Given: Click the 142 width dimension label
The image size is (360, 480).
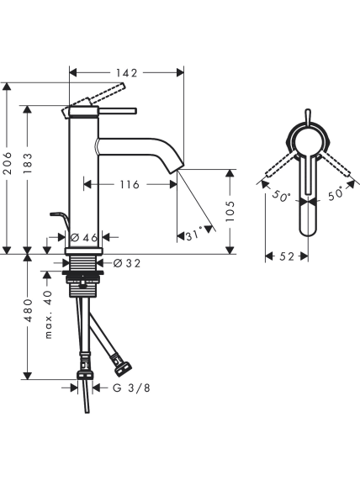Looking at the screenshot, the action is click(x=126, y=73).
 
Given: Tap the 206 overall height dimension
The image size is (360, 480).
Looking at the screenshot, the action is click(x=7, y=163).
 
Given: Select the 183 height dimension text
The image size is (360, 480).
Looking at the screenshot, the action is click(x=28, y=163).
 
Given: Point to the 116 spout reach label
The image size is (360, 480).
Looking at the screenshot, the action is click(x=129, y=185).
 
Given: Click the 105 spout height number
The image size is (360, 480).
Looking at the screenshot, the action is click(x=230, y=212).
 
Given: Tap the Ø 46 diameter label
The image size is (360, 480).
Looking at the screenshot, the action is click(x=84, y=237).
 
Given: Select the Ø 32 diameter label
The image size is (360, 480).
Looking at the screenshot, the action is click(x=127, y=263).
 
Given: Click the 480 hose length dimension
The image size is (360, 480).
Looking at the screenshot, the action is click(x=28, y=310).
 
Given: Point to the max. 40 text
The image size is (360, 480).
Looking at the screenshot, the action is click(x=49, y=314).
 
